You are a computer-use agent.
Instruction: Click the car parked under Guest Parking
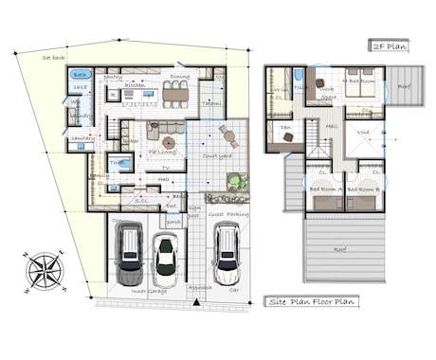225,255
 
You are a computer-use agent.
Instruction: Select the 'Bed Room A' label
325,189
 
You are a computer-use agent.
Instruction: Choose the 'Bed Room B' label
362,189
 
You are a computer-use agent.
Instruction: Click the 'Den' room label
285,127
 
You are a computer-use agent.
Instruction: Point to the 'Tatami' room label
212,102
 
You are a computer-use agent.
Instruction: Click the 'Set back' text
53,58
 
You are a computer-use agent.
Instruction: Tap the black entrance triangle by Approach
194,302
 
